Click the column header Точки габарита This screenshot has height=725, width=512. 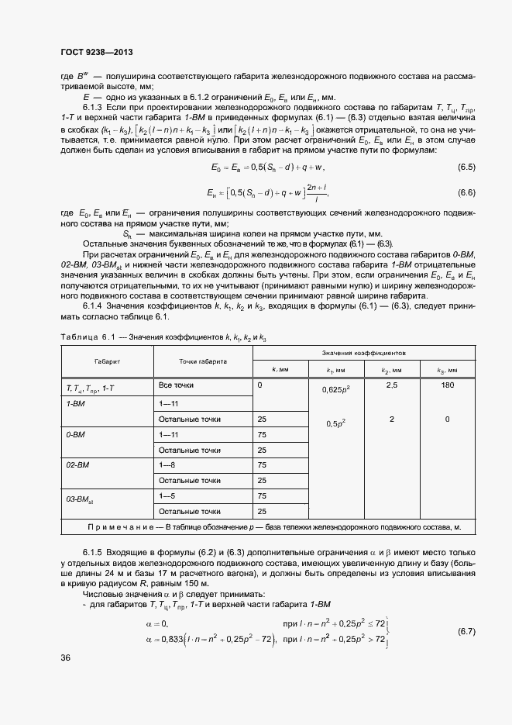pos(203,361)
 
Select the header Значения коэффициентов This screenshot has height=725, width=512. pos(362,352)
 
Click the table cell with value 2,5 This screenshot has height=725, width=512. pos(391,385)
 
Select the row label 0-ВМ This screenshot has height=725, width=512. pos(76,435)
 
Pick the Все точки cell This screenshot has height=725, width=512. pos(176,385)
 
